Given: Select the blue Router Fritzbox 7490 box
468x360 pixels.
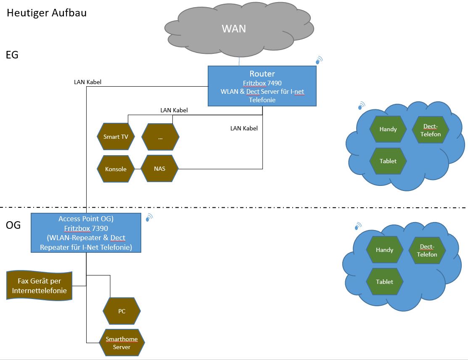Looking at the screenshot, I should pyautogui.click(x=262, y=86).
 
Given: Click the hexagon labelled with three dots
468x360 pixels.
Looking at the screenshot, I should pyautogui.click(x=160, y=137).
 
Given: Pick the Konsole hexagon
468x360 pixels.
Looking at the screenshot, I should pyautogui.click(x=116, y=169).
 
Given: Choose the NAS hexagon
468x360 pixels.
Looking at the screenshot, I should pyautogui.click(x=160, y=169).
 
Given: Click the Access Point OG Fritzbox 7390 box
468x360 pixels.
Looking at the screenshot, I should pyautogui.click(x=86, y=233).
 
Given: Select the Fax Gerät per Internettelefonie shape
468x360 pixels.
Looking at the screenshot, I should pyautogui.click(x=40, y=286).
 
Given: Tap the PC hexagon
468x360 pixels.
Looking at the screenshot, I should pyautogui.click(x=122, y=312).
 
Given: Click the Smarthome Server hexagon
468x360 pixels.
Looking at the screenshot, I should pyautogui.click(x=122, y=343).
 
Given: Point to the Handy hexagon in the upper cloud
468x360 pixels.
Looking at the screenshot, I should pyautogui.click(x=388, y=129).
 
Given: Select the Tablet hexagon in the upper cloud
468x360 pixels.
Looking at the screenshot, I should pyautogui.click(x=388, y=161).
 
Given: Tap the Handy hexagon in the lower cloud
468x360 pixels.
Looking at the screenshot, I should pyautogui.click(x=384, y=250).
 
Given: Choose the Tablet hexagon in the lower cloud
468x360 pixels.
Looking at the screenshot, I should pyautogui.click(x=384, y=282).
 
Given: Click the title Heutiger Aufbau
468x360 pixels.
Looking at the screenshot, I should pyautogui.click(x=47, y=13).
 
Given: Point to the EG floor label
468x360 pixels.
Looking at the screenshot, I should pyautogui.click(x=12, y=55).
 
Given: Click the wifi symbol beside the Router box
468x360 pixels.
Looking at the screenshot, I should pyautogui.click(x=319, y=60).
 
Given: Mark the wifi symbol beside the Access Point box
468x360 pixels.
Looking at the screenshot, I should pyautogui.click(x=149, y=217).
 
